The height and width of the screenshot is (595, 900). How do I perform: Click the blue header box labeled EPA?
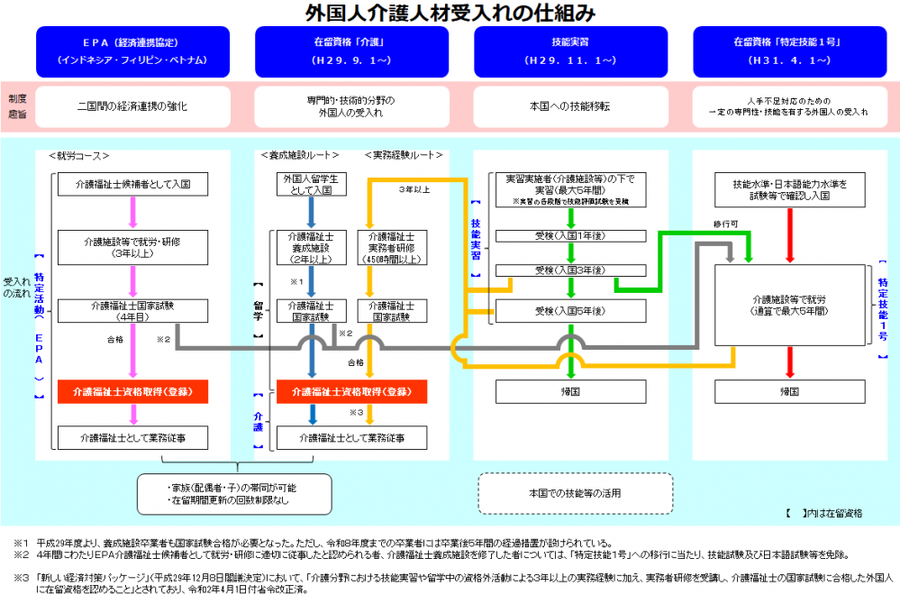tap(132, 51)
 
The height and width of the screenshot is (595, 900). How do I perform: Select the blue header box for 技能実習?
tap(570, 51)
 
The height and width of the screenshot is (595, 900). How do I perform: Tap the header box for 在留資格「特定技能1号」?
tap(789, 51)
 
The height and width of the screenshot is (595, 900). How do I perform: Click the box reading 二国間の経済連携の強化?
tap(132, 106)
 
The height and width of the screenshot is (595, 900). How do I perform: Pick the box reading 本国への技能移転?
tap(570, 106)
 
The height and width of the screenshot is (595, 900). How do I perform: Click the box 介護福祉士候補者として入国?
tap(132, 184)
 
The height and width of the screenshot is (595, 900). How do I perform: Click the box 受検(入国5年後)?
tap(570, 311)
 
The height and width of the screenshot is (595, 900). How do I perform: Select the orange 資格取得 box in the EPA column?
tap(132, 392)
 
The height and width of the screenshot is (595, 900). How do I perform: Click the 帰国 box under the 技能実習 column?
tap(570, 392)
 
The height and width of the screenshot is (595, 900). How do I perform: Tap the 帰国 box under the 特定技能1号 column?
tap(789, 392)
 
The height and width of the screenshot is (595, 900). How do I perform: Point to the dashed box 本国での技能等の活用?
tap(575, 493)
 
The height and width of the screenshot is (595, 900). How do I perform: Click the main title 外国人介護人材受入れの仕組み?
tap(450, 13)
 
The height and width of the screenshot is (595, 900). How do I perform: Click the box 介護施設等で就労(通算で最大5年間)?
tap(789, 305)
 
